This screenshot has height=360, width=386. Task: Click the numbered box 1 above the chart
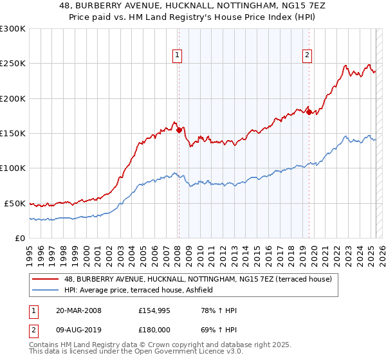coord(177,56)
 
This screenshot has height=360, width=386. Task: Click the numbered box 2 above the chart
coord(308,56)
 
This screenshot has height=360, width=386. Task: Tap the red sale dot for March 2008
coord(179,130)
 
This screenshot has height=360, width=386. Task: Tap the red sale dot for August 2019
coord(309,113)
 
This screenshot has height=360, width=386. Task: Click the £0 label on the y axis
coord(19,238)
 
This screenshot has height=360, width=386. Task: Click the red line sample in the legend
coord(46,279)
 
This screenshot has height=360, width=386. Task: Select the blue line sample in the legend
coord(46,291)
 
